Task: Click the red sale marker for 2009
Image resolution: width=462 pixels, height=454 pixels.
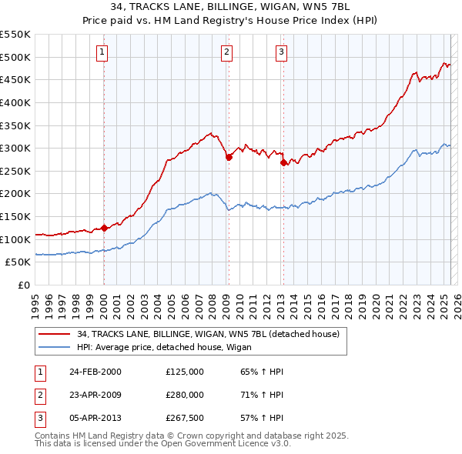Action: pyautogui.click(x=229, y=157)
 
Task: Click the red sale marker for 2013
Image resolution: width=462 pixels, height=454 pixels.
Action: pyautogui.click(x=283, y=162)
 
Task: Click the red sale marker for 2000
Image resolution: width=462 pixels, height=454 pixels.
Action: pyautogui.click(x=104, y=228)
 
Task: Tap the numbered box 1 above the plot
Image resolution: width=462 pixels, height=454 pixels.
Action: pyautogui.click(x=102, y=52)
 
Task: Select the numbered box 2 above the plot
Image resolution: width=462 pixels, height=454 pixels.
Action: pyautogui.click(x=227, y=52)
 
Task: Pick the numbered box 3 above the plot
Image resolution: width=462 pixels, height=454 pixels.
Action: pyautogui.click(x=281, y=52)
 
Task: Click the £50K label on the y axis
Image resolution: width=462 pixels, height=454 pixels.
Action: pyautogui.click(x=18, y=262)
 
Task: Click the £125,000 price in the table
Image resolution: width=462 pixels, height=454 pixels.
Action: pyautogui.click(x=185, y=372)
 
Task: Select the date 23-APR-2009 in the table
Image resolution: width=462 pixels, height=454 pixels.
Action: pyautogui.click(x=95, y=395)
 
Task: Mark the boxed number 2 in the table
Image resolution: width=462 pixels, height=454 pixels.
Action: pyautogui.click(x=39, y=395)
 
